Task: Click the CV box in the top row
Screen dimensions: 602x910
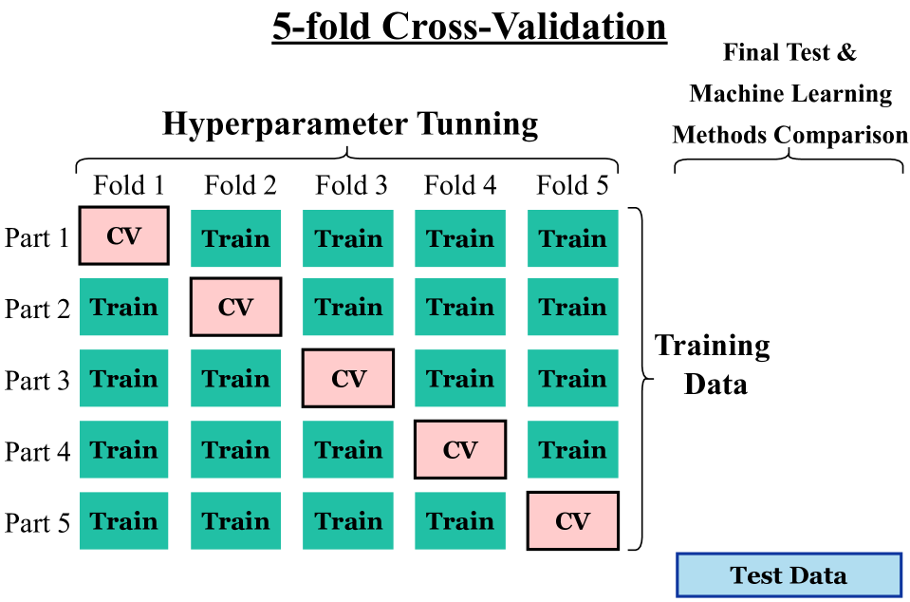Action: click(x=123, y=235)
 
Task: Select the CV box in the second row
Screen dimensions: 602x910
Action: click(x=235, y=307)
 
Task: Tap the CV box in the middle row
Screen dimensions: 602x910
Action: click(x=348, y=378)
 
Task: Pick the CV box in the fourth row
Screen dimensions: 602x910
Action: click(x=460, y=449)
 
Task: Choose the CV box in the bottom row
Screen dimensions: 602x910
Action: click(x=572, y=520)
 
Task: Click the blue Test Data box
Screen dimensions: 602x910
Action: click(x=789, y=575)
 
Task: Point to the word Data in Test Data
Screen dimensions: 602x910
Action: click(x=817, y=575)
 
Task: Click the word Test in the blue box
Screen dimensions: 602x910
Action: click(x=756, y=575)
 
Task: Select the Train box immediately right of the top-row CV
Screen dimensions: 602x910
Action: click(x=235, y=238)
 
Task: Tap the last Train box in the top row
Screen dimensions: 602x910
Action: click(x=572, y=238)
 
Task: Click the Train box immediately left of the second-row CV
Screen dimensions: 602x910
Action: click(x=123, y=307)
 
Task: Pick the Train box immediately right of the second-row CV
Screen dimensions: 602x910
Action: click(x=348, y=307)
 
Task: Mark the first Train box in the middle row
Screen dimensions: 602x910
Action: click(x=123, y=378)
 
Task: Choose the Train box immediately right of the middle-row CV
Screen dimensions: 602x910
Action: click(x=460, y=378)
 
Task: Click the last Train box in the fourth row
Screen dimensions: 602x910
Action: click(x=572, y=449)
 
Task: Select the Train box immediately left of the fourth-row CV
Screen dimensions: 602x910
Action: click(x=348, y=449)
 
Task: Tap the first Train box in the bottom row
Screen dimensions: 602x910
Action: click(x=123, y=520)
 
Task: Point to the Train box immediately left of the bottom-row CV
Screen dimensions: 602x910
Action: click(x=460, y=520)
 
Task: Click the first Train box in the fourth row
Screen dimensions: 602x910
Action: click(x=123, y=449)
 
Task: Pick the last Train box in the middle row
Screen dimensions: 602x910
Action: click(x=572, y=378)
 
